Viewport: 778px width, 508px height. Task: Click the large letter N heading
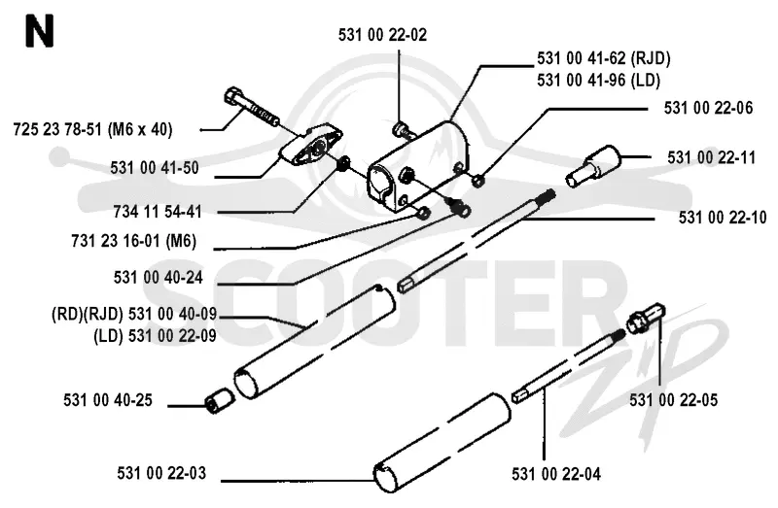click(39, 31)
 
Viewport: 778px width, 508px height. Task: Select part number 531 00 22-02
click(382, 35)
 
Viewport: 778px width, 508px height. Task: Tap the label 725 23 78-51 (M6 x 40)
click(92, 130)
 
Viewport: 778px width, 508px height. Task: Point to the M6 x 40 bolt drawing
click(252, 107)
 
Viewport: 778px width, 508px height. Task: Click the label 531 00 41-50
click(155, 168)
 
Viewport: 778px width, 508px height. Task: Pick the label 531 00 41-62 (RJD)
click(603, 58)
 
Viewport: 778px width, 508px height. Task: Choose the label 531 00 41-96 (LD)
click(598, 81)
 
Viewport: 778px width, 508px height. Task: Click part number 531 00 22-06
click(709, 108)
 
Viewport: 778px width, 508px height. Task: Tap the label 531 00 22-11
click(712, 157)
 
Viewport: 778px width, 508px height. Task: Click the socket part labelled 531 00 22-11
click(593, 165)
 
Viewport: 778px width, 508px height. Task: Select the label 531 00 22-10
click(723, 218)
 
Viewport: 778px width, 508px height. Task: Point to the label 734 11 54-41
click(158, 212)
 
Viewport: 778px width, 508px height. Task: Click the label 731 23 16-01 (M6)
click(134, 241)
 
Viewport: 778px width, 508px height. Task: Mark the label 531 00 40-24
click(159, 278)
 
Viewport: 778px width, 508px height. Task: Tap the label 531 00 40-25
click(108, 400)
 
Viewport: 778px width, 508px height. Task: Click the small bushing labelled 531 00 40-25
click(220, 401)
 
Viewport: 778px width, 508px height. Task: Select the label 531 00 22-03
click(161, 473)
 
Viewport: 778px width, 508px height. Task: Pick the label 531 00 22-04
click(556, 474)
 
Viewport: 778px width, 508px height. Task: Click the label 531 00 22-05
click(674, 400)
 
